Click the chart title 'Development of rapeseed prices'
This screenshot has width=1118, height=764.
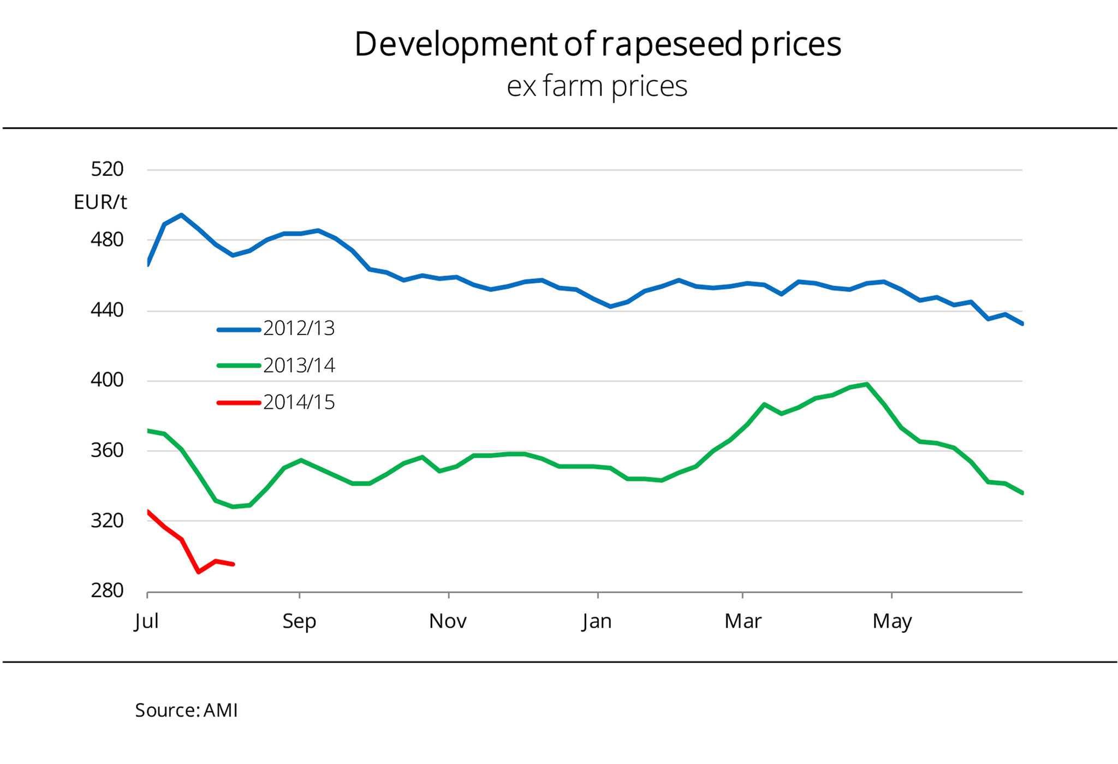(597, 44)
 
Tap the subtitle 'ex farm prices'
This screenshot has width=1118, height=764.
(597, 86)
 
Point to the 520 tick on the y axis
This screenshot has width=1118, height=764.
(107, 169)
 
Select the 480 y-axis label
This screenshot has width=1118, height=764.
(107, 240)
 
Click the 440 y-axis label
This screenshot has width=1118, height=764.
(107, 310)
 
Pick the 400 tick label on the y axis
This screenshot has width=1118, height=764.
(107, 380)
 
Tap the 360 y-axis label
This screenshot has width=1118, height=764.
(107, 450)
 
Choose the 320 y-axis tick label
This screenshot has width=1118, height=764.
(107, 521)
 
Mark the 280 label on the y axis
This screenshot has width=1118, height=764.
(107, 590)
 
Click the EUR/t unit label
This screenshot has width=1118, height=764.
(100, 202)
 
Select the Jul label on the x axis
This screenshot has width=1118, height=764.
(146, 621)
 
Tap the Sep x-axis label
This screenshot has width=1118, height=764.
(299, 621)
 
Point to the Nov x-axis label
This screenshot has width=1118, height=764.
(448, 621)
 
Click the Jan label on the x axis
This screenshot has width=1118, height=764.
(597, 621)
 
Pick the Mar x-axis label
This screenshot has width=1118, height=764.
(742, 621)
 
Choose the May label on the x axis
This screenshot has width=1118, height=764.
(892, 622)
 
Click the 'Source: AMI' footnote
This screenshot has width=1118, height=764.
(186, 711)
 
